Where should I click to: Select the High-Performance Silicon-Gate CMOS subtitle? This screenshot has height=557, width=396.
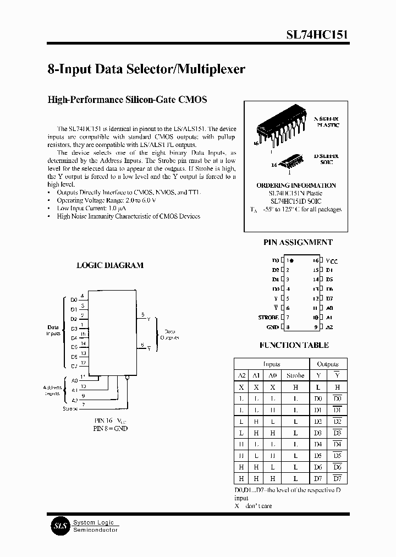pos(127,100)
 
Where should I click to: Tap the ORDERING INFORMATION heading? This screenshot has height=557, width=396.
pos(296,185)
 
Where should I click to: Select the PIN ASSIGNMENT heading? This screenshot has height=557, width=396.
pos(298,242)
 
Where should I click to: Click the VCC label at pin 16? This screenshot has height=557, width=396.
pos(332,260)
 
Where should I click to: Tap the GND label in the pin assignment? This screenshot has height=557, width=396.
pos(272,327)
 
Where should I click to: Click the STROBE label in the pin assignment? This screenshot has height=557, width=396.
pos(268,318)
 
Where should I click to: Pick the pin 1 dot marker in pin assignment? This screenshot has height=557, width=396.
pos(292,260)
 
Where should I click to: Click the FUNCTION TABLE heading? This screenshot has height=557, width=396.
pos(294,345)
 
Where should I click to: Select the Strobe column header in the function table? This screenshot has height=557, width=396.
pos(295,375)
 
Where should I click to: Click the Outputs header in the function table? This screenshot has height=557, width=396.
pos(328,364)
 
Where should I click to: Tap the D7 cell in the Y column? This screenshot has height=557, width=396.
pos(318,478)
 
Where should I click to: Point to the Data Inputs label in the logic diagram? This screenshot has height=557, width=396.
pos(53,330)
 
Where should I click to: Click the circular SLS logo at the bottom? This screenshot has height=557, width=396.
pos(59,526)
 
